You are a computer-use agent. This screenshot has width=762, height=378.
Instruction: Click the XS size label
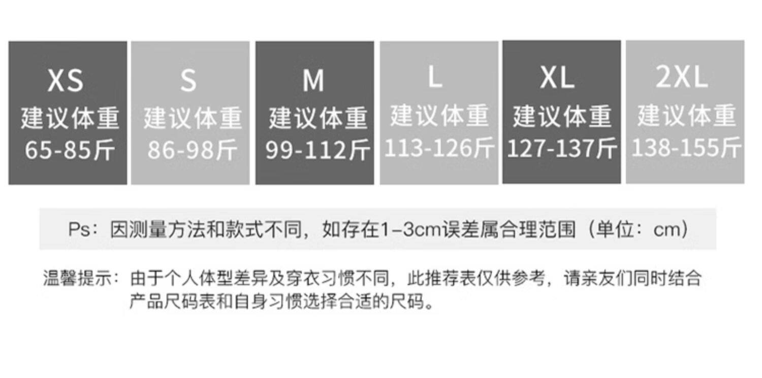point(66,80)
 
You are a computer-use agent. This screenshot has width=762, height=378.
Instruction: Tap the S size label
point(188,80)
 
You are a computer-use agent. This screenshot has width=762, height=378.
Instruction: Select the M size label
point(313,80)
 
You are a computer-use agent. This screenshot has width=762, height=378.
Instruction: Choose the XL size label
point(557,78)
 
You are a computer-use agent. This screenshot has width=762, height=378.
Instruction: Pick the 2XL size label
point(682,77)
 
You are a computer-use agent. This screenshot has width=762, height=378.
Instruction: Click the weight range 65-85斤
point(70,150)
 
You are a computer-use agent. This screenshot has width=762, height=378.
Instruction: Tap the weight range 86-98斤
point(193,150)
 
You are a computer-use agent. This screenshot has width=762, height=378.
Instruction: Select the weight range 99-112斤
point(317,150)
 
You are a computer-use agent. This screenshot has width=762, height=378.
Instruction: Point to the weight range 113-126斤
point(439,148)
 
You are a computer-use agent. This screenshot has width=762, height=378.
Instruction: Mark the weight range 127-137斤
point(562,148)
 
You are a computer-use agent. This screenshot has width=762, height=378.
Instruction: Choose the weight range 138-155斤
point(686,147)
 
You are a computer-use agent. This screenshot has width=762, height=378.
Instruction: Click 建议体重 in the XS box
point(70,118)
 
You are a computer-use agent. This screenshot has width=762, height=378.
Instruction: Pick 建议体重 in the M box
point(318,118)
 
